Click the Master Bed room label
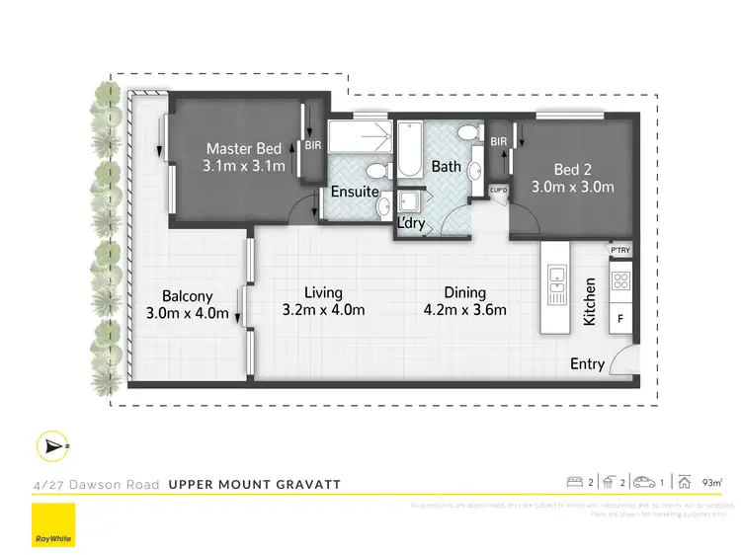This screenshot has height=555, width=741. pyautogui.click(x=244, y=149)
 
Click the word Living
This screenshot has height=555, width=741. pyautogui.click(x=323, y=292)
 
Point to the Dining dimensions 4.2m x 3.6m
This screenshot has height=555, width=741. pyautogui.click(x=464, y=310)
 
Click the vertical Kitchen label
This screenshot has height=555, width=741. pyautogui.click(x=591, y=302)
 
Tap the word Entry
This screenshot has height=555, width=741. pyautogui.click(x=588, y=364)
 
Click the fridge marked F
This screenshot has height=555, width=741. pyautogui.click(x=620, y=320)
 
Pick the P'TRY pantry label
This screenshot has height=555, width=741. pyautogui.click(x=620, y=251)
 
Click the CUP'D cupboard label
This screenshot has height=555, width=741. pyautogui.click(x=497, y=190)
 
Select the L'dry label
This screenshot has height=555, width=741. pyautogui.click(x=411, y=223)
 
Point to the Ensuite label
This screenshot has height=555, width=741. pyautogui.click(x=355, y=191)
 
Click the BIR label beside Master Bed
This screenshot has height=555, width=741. pyautogui.click(x=313, y=144)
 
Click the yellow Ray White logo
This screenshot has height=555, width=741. pyautogui.click(x=53, y=526)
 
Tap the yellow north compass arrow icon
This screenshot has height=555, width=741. pyautogui.click(x=51, y=446)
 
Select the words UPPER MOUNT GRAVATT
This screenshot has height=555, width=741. pyautogui.click(x=255, y=484)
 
